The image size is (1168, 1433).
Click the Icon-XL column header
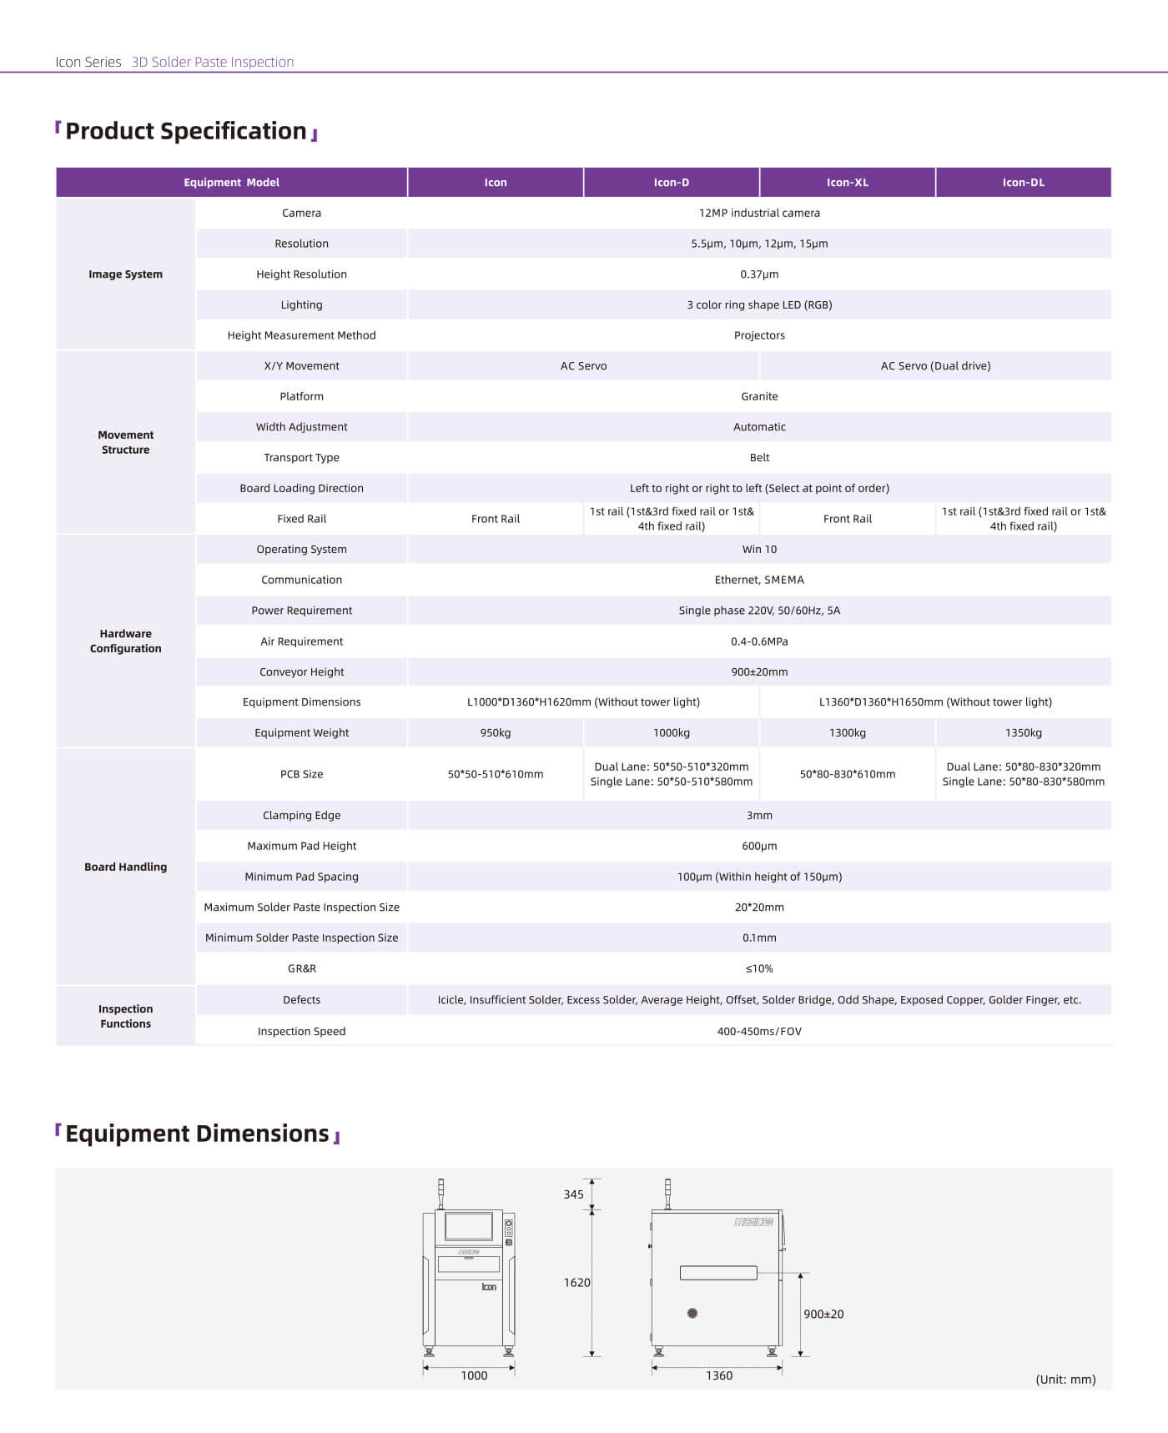847,183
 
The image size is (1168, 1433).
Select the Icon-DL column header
1023,183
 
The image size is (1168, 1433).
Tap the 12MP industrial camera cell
759,213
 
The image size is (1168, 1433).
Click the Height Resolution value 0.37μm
759,274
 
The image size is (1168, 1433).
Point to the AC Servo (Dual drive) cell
935,366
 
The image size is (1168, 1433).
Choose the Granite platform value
759,396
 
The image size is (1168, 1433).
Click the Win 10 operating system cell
759,550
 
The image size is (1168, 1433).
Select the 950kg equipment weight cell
496,733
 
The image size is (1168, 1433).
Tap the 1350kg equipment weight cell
1023,733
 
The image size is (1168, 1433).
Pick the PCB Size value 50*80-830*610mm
847,774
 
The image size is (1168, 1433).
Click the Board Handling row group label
125,867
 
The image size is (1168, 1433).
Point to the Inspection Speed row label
301,1032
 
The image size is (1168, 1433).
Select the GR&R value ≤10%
759,969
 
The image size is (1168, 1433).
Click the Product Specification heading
186,132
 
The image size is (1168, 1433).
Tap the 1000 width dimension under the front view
474,1375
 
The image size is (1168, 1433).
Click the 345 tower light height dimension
573,1194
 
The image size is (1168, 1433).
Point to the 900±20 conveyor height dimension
823,1314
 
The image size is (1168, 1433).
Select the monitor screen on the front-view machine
469,1226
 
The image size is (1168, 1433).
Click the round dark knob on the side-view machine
692,1313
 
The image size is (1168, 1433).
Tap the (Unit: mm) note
1065,1380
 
